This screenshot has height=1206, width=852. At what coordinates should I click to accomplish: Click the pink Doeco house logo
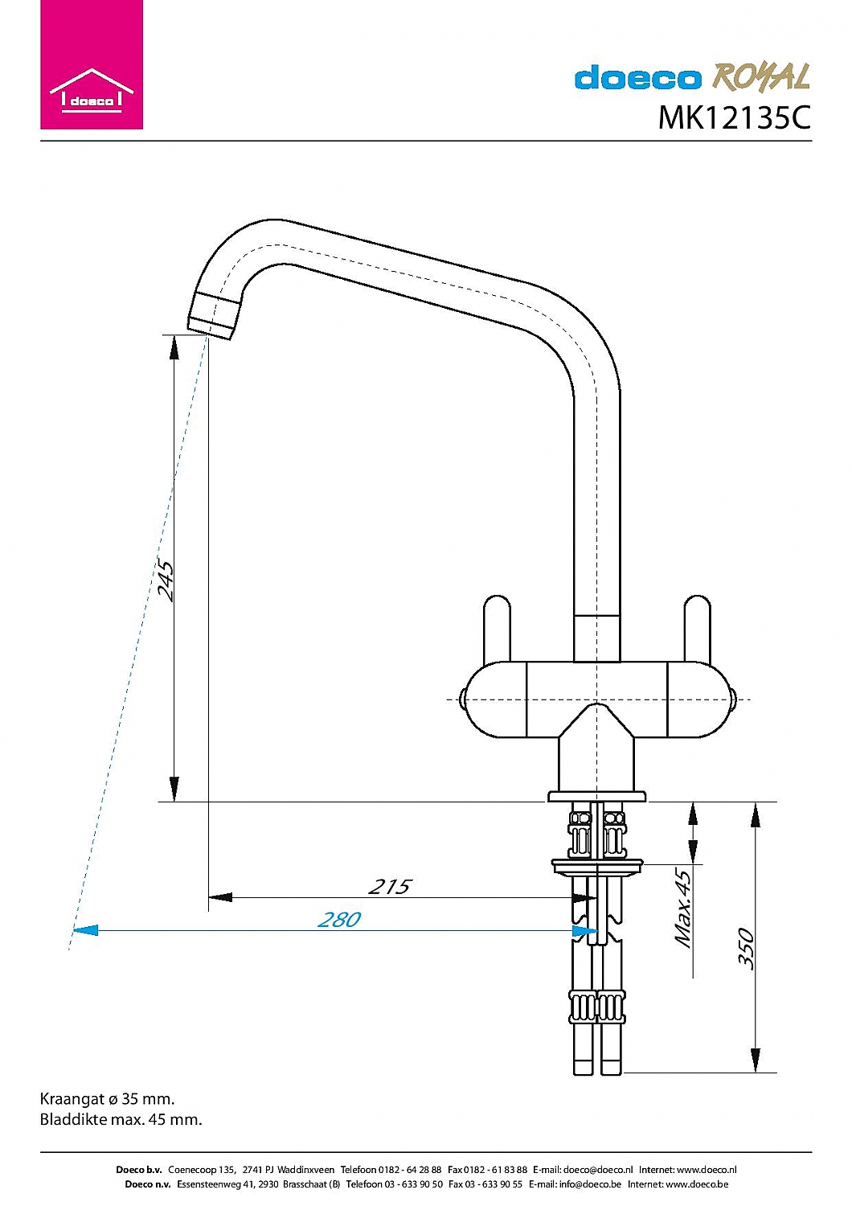(x=92, y=64)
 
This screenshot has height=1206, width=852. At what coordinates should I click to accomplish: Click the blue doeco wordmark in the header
(x=638, y=77)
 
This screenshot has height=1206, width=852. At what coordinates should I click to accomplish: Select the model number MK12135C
(x=734, y=117)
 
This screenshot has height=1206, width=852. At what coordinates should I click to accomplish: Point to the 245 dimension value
(x=166, y=581)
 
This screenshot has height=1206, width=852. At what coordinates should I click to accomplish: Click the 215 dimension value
(x=389, y=887)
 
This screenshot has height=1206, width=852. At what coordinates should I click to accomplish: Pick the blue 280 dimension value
(x=339, y=920)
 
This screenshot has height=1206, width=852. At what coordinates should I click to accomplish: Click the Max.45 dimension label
(x=683, y=908)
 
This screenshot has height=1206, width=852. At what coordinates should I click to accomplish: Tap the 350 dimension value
(x=746, y=948)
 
